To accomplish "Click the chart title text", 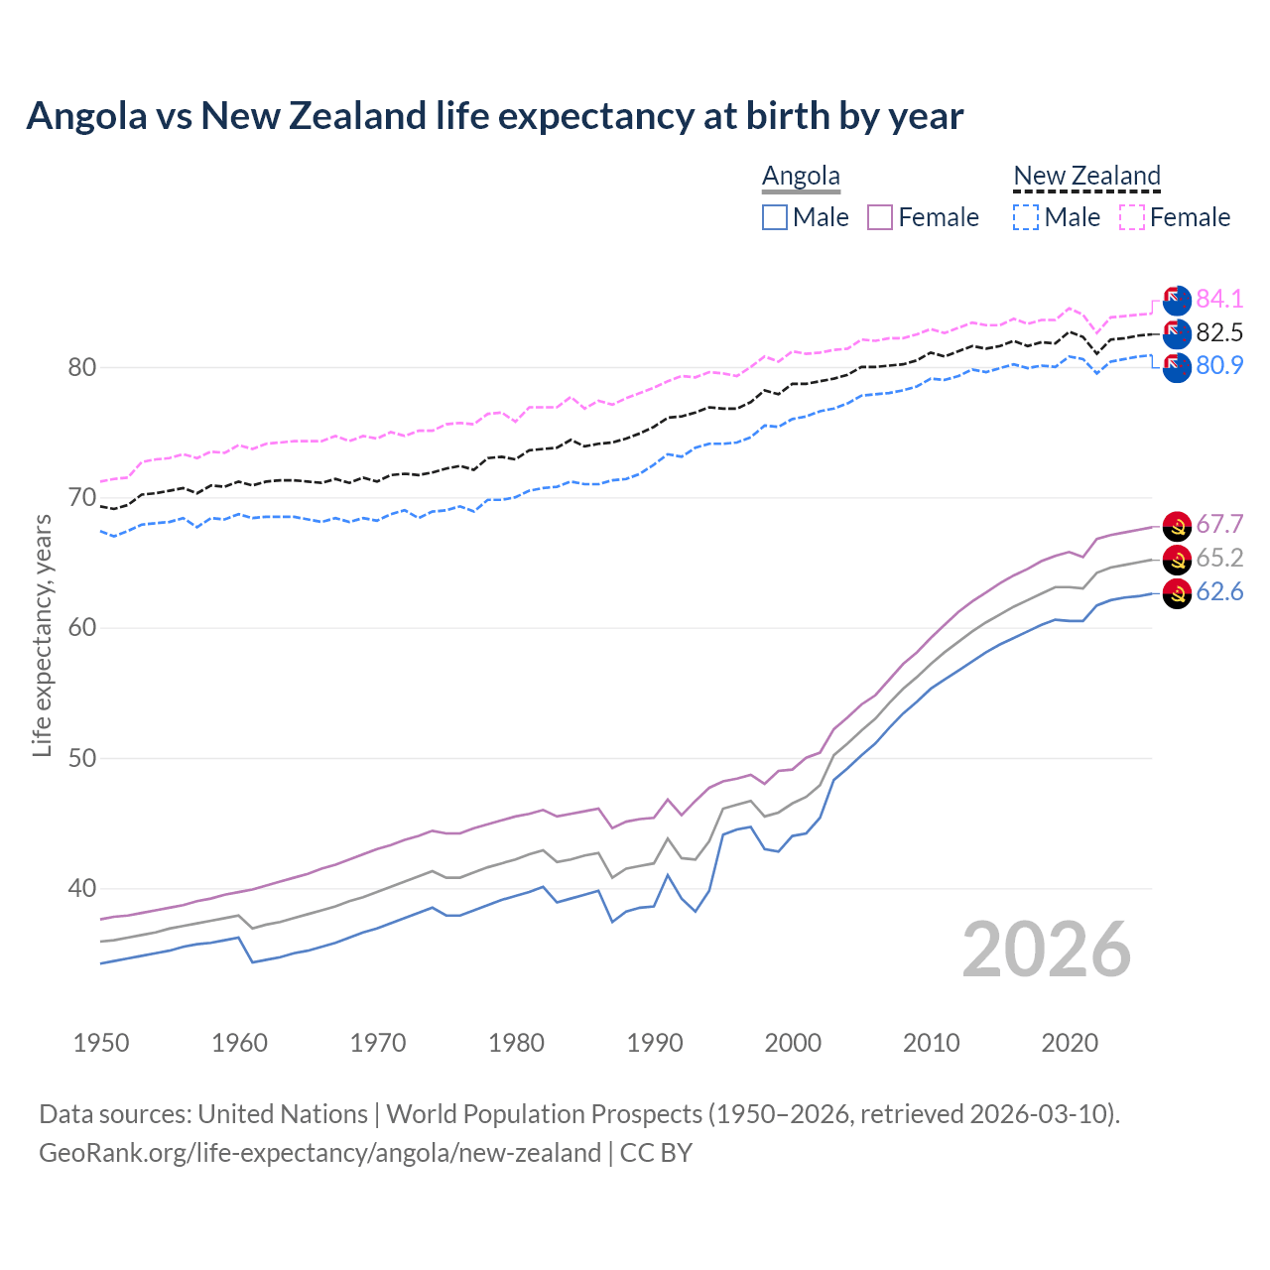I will pyautogui.click(x=494, y=116).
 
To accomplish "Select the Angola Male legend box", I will pyautogui.click(x=775, y=217).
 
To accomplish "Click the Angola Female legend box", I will pyautogui.click(x=880, y=217).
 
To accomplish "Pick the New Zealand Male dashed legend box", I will pyautogui.click(x=1026, y=217).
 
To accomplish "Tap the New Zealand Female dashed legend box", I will pyautogui.click(x=1132, y=217).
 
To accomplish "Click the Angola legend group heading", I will pyautogui.click(x=801, y=177).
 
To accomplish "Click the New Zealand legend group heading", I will pyautogui.click(x=1086, y=177).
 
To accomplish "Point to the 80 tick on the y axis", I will pyautogui.click(x=81, y=368).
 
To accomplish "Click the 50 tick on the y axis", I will pyautogui.click(x=81, y=759).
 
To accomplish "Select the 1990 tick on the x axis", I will pyautogui.click(x=655, y=1043).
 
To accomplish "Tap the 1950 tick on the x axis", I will pyautogui.click(x=101, y=1043).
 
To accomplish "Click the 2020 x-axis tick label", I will pyautogui.click(x=1070, y=1043).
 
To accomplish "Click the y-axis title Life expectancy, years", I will pyautogui.click(x=42, y=635).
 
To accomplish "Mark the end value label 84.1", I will pyautogui.click(x=1219, y=299).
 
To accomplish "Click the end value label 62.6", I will pyautogui.click(x=1219, y=592).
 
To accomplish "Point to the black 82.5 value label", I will pyautogui.click(x=1219, y=332).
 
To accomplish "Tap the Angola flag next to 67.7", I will pyautogui.click(x=1177, y=526).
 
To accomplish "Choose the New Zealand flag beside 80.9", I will pyautogui.click(x=1177, y=367).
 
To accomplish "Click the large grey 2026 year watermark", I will pyautogui.click(x=1046, y=950).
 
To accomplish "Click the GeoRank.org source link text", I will pyautogui.click(x=319, y=1153).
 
